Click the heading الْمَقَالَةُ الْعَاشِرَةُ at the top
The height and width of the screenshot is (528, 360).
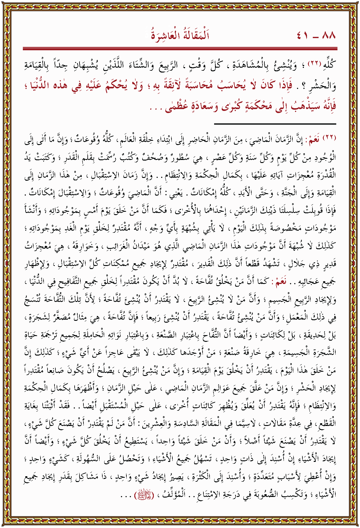[180, 35]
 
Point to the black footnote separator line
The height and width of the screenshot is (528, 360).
[275, 124]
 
